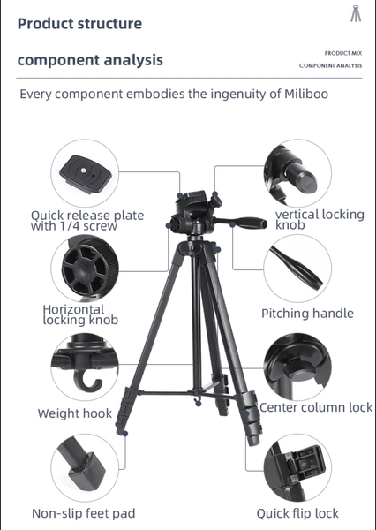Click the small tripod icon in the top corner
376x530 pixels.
[356, 13]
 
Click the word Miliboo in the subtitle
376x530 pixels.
[306, 94]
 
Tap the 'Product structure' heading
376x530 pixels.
[79, 24]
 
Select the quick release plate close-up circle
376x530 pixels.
[85, 173]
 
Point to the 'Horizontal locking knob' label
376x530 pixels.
[80, 314]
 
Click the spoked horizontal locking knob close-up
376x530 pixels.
[85, 269]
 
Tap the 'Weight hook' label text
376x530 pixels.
[75, 413]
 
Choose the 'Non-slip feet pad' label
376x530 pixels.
[84, 513]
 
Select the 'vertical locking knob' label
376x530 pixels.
[320, 219]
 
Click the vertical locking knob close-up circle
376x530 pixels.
[297, 173]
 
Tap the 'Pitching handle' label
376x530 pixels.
[307, 314]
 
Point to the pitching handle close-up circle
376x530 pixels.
[297, 269]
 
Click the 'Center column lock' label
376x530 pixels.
[316, 407]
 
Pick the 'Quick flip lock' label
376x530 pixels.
[297, 513]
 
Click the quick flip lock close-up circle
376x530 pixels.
[297, 468]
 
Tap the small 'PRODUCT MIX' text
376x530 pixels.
[343, 53]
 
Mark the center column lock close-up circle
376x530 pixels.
[297, 367]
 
